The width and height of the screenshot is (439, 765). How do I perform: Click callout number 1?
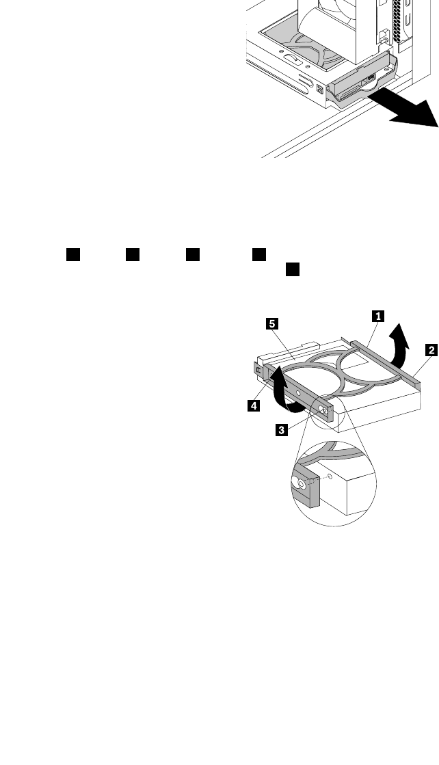(x=376, y=316)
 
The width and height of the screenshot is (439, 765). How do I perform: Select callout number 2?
(x=431, y=350)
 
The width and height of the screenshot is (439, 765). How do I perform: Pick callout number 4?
(x=253, y=405)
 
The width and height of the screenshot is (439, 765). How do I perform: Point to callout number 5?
(x=271, y=324)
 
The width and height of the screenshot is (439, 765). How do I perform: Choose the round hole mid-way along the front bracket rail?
(x=299, y=394)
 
